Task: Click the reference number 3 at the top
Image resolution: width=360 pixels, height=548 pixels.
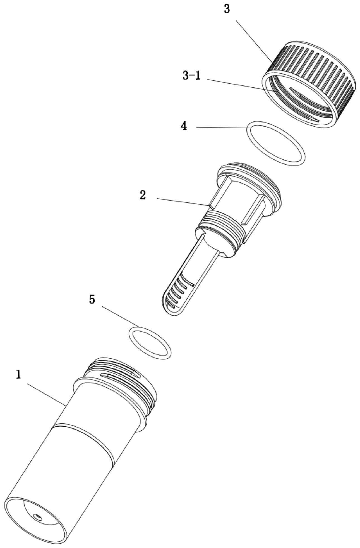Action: (x=227, y=9)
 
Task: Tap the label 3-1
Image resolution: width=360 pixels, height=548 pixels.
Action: (x=191, y=75)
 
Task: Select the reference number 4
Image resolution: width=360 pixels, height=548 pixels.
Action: (x=184, y=126)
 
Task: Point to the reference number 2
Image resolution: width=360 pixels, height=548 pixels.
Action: (x=143, y=195)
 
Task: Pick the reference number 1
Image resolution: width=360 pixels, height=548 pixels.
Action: (x=18, y=375)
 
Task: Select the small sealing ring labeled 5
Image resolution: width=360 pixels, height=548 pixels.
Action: (x=150, y=343)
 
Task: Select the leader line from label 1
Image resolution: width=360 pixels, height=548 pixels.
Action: (x=46, y=395)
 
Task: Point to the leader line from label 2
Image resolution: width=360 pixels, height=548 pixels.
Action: (x=183, y=202)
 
